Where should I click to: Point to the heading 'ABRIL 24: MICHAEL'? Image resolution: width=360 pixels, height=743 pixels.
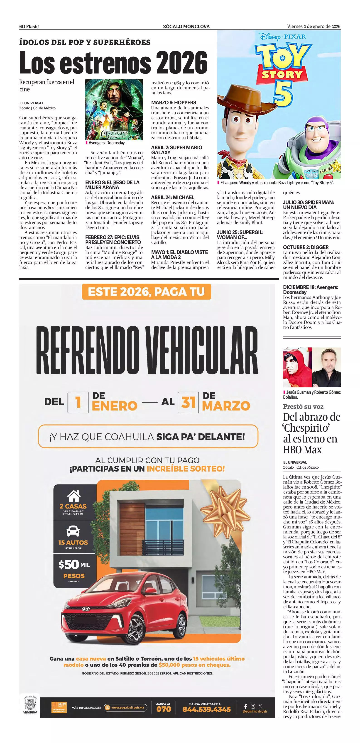(x=172, y=198)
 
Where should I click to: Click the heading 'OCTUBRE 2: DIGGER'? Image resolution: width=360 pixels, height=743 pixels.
(x=306, y=247)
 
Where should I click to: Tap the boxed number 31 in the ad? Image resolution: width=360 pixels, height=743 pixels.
(x=188, y=402)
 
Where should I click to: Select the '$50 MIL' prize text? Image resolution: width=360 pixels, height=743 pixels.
(x=74, y=565)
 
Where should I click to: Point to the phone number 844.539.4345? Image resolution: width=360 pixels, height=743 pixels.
(x=206, y=709)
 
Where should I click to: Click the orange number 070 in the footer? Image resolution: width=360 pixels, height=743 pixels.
(x=164, y=709)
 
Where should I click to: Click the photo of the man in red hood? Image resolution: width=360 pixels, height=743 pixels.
(x=297, y=367)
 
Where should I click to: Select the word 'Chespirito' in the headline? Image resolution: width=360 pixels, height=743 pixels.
(x=306, y=428)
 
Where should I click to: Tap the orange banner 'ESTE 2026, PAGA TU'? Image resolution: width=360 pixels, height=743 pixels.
(x=146, y=292)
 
